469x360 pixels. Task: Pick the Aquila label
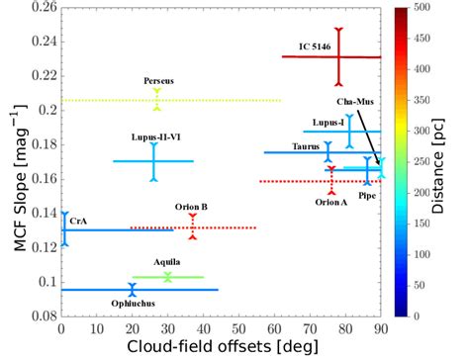(166, 262)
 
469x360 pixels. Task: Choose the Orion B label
(191, 207)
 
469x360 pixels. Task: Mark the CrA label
(77, 223)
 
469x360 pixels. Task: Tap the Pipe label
(366, 197)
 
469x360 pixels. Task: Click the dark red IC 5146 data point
(338, 56)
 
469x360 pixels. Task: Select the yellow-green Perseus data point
(157, 100)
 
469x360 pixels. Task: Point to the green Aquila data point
(167, 277)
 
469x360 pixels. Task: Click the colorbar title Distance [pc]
(448, 163)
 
